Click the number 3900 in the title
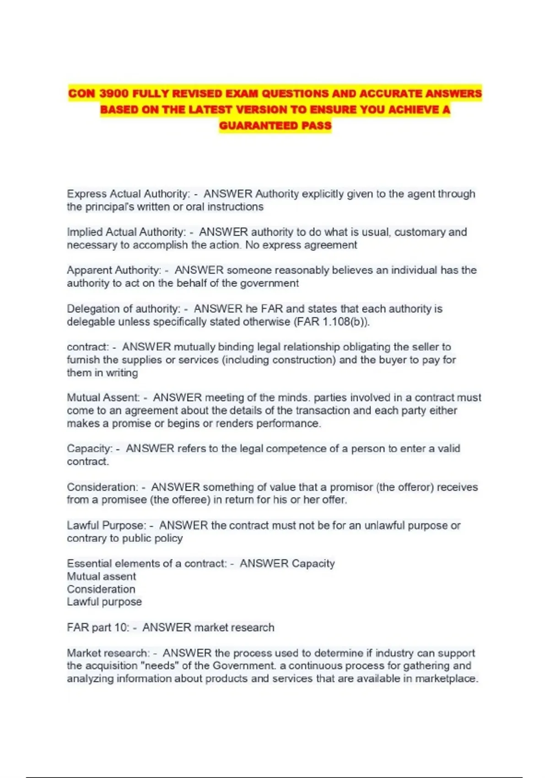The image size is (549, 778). point(114,94)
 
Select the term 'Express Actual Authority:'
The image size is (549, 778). point(128,194)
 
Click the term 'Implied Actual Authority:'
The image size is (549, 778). point(126,232)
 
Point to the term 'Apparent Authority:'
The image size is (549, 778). point(114,270)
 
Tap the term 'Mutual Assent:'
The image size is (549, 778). point(103,398)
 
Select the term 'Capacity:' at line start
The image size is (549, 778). point(90,448)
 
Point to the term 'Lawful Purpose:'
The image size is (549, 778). point(107,525)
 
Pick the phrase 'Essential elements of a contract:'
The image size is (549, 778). point(147,563)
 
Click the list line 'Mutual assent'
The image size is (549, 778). point(102,576)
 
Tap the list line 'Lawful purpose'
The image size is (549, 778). point(104,602)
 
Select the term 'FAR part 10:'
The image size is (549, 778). point(98,627)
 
